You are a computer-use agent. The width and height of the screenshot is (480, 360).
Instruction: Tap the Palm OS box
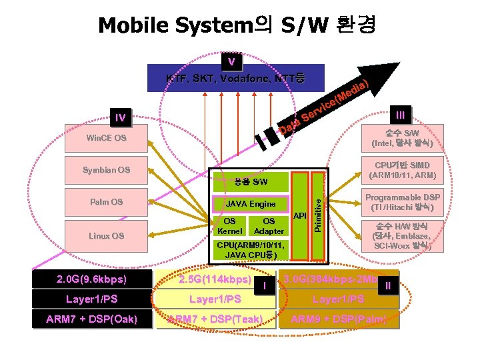coord(107,202)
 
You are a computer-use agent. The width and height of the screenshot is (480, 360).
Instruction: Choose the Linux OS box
coord(107,236)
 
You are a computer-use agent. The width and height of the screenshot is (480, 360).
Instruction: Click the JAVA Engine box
coord(251,204)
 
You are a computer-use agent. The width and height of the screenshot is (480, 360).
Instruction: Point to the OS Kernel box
coord(229,226)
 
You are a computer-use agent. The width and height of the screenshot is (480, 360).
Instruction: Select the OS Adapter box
coord(269,226)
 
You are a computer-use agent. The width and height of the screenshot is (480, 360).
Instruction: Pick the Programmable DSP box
coord(403,202)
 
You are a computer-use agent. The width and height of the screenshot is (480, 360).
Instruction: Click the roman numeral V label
coord(231,62)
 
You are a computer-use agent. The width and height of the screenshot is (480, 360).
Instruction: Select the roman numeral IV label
coord(120,118)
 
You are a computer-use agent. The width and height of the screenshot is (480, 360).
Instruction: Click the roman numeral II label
coord(388,286)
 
